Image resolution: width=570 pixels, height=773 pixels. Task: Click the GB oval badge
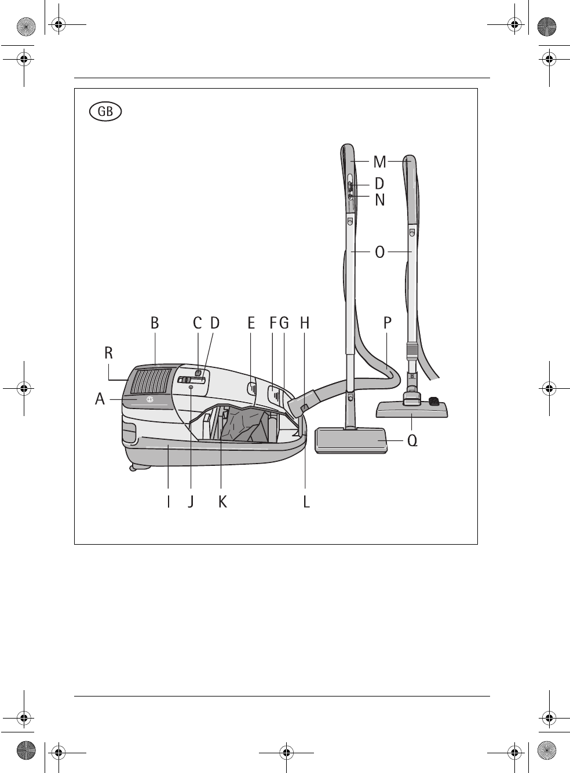pyautogui.click(x=105, y=111)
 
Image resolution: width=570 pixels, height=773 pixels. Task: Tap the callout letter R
pyautogui.click(x=109, y=353)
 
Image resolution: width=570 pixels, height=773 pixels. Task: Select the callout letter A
pyautogui.click(x=100, y=399)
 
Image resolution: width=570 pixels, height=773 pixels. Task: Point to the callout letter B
pyautogui.click(x=155, y=323)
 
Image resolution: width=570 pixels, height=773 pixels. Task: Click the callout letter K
pyautogui.click(x=222, y=502)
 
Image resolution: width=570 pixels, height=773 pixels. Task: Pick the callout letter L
pyautogui.click(x=306, y=502)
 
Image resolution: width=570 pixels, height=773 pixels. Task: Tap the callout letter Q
pyautogui.click(x=412, y=440)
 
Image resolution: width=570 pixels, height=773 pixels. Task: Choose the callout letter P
pyautogui.click(x=388, y=323)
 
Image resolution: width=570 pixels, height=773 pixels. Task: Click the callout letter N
pyautogui.click(x=380, y=200)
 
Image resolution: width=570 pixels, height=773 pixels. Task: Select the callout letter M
pyautogui.click(x=379, y=162)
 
